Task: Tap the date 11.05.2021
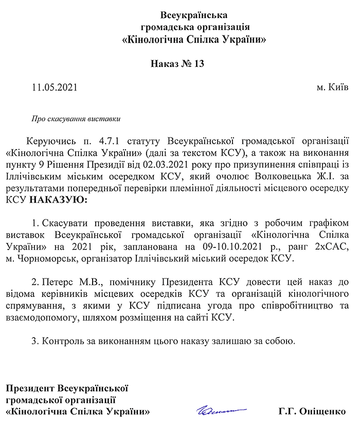coord(54,87)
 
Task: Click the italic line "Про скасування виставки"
coord(76,119)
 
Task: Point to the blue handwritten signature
coord(221,410)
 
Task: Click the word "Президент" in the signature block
coord(30,387)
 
